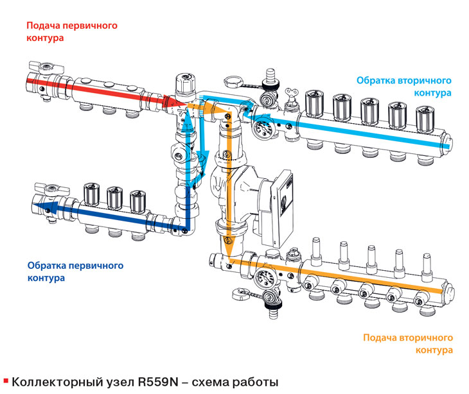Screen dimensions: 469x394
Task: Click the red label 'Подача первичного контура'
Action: click(72, 31)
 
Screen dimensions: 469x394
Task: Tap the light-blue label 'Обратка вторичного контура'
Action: click(404, 87)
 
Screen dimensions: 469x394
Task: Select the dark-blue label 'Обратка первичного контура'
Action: click(75, 271)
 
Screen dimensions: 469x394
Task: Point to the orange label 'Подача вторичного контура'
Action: click(408, 343)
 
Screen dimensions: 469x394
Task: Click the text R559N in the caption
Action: click(158, 382)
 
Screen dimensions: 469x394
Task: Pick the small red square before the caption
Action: click(6, 381)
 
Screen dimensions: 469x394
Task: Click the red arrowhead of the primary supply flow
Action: click(174, 102)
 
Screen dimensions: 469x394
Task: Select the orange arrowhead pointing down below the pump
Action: click(229, 250)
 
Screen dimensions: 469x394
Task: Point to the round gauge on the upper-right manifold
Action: click(263, 128)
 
